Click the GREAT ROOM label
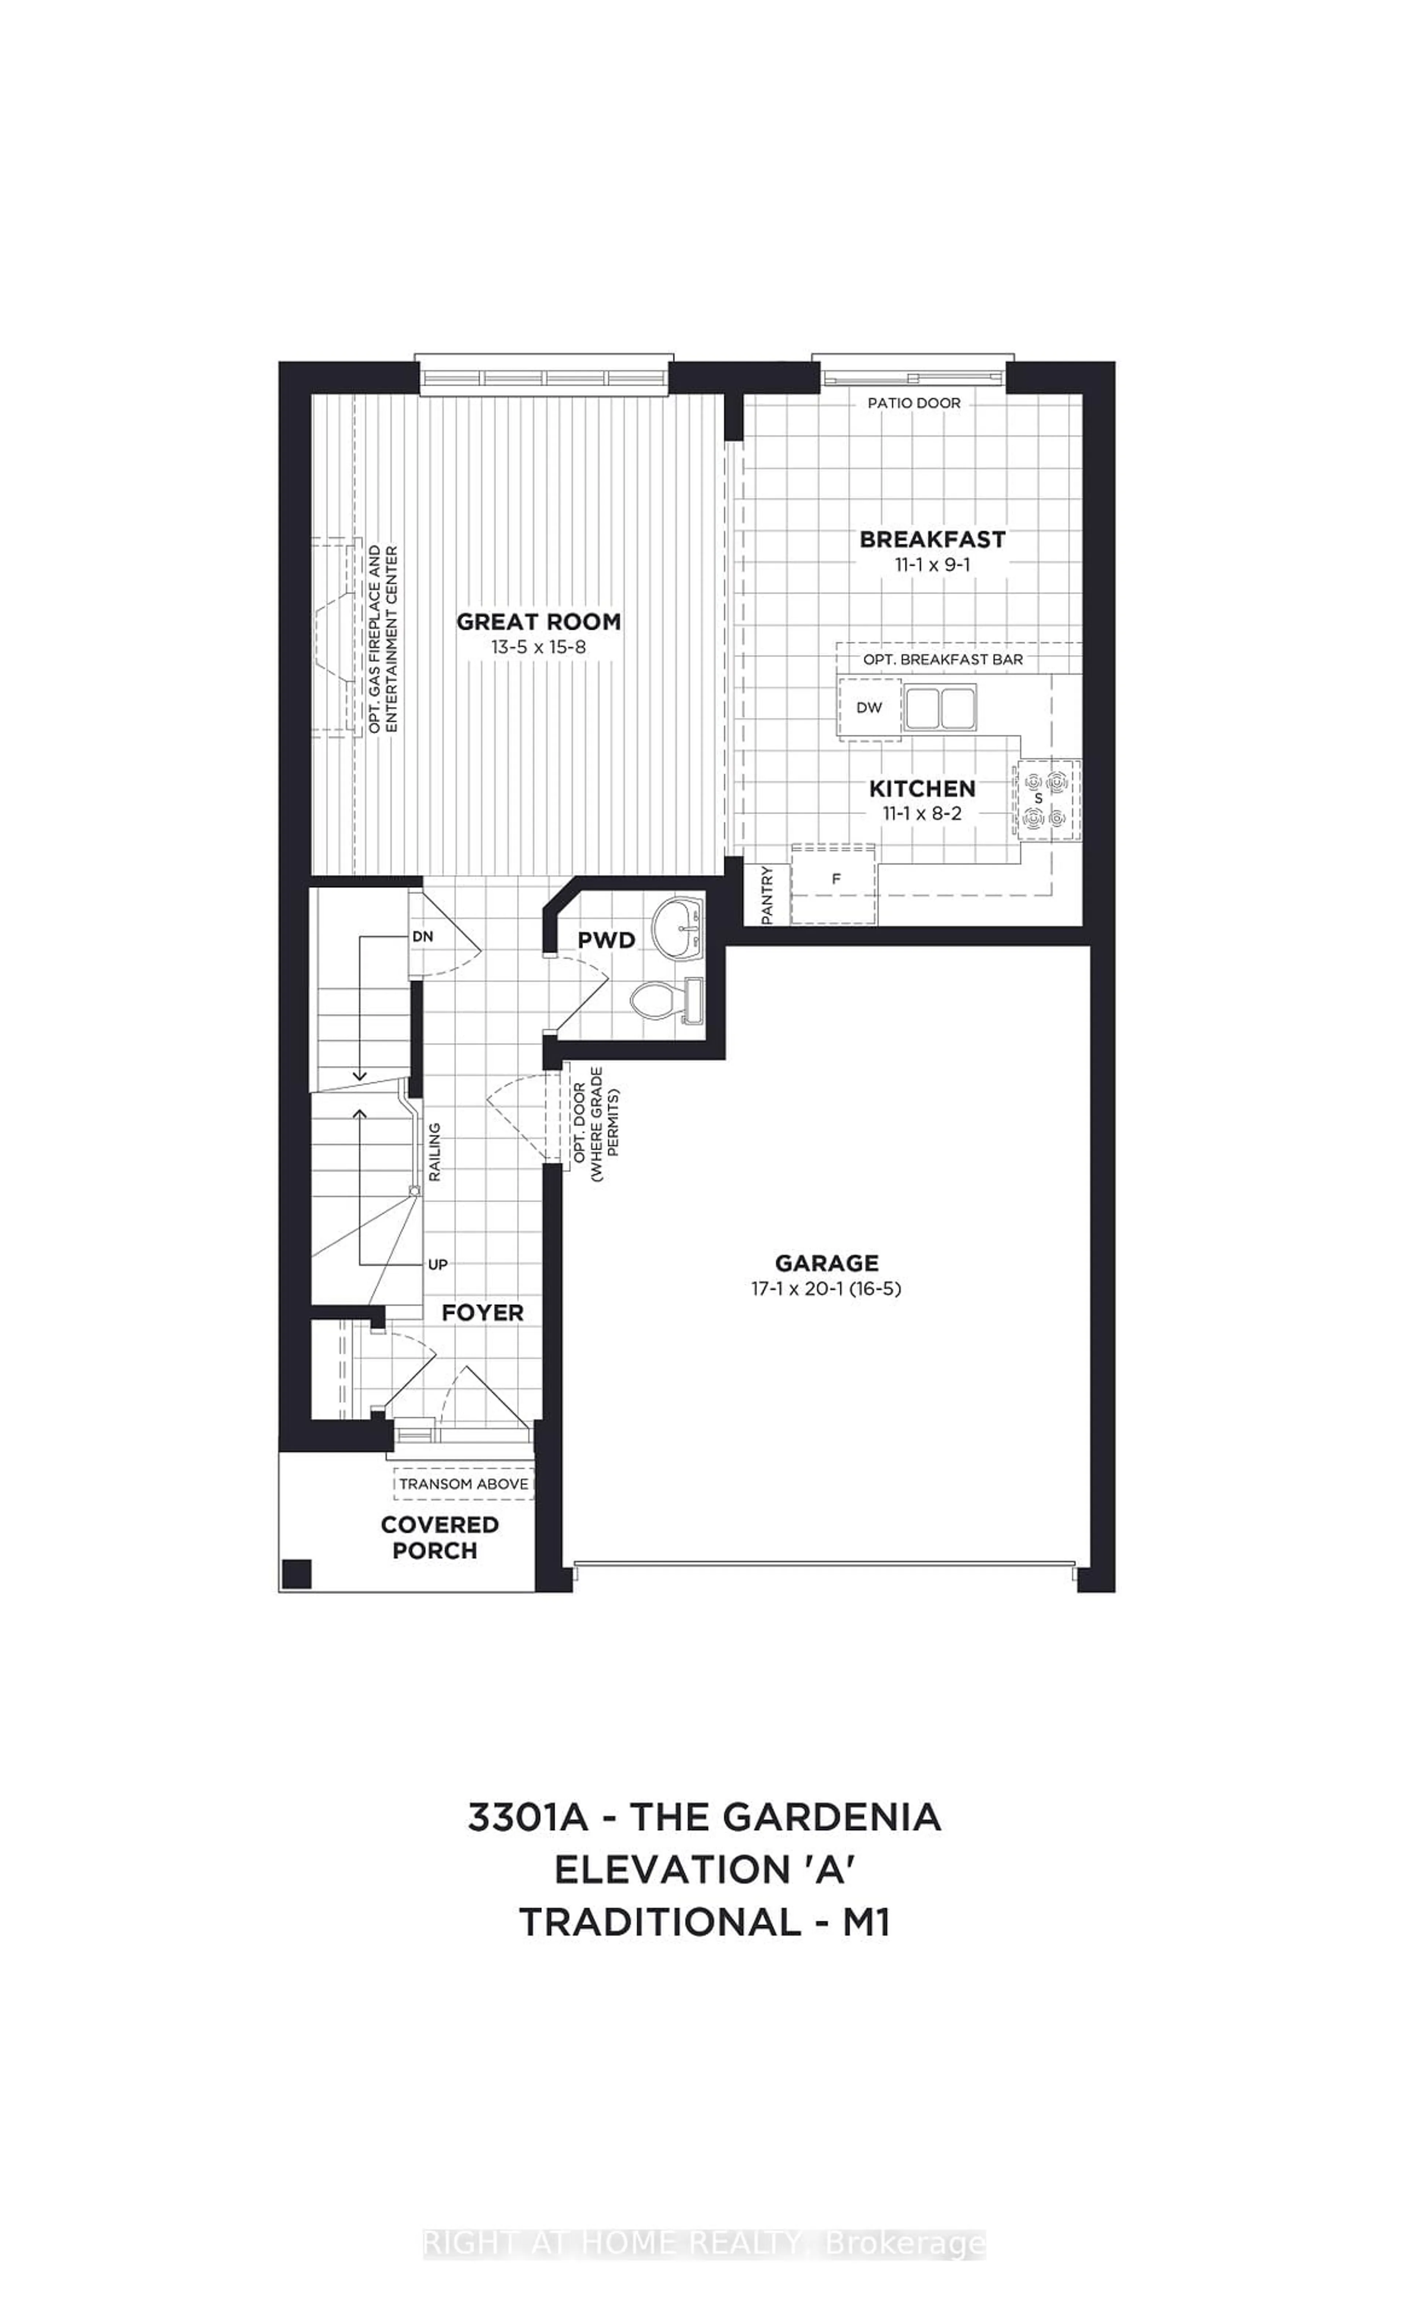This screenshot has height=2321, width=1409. tap(539, 622)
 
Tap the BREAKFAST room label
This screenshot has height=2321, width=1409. tap(932, 540)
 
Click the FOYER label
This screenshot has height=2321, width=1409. tap(482, 1312)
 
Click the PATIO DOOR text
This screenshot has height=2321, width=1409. tap(914, 403)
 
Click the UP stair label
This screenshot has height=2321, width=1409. tap(437, 1264)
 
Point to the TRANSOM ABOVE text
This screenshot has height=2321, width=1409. tap(463, 1484)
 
